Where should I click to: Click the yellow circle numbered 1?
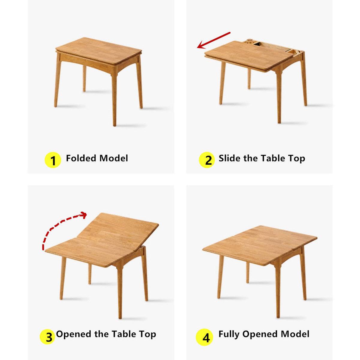(x=53, y=160)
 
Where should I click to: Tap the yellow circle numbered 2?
(x=207, y=160)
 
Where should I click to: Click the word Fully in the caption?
(x=229, y=334)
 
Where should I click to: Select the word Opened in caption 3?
(x=74, y=334)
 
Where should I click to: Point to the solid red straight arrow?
(x=214, y=40)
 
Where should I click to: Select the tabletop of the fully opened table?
(x=260, y=244)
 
